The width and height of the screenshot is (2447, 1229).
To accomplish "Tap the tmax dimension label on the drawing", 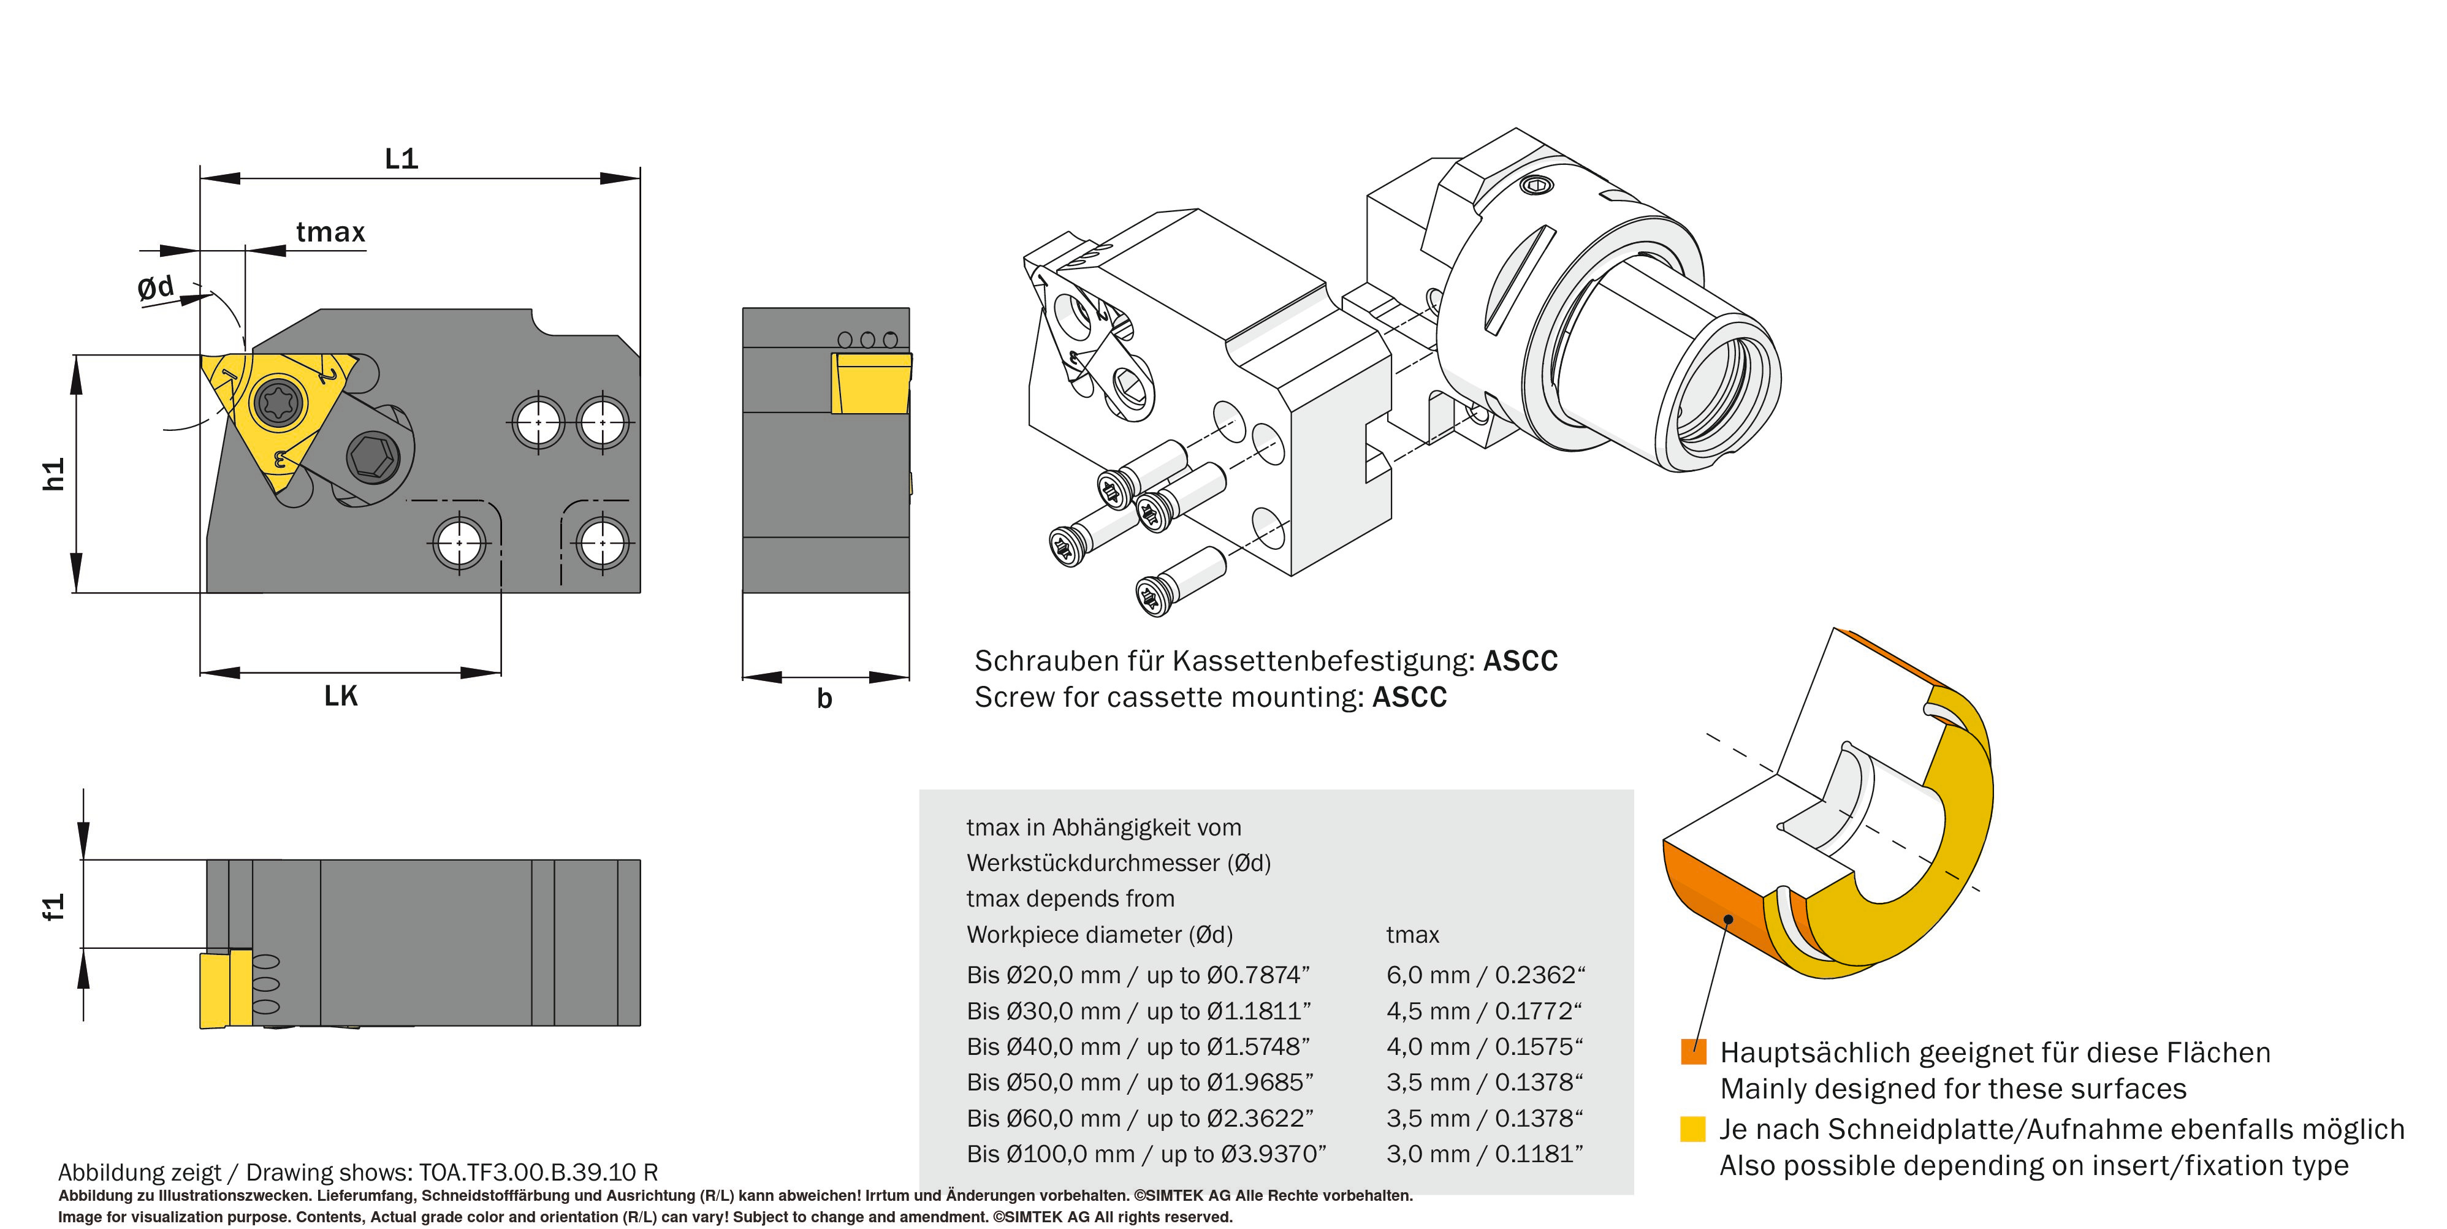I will (x=330, y=232).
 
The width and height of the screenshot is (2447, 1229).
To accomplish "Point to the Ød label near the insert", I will (x=156, y=287).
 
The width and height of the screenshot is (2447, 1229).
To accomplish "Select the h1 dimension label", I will (x=54, y=474).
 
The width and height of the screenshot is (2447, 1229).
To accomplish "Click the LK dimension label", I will (x=341, y=696).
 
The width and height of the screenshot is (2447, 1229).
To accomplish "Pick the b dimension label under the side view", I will (x=824, y=699).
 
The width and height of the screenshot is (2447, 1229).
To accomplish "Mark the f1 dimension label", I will (x=54, y=907).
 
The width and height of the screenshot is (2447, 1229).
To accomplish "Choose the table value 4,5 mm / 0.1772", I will (x=1484, y=1011).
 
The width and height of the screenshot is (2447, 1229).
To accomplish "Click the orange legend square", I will (x=1693, y=1051).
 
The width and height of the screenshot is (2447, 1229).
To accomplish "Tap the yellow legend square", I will (x=1693, y=1128).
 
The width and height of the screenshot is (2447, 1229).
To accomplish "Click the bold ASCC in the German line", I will (x=1520, y=661).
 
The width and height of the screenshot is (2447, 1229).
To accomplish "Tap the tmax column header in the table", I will (x=1412, y=935).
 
